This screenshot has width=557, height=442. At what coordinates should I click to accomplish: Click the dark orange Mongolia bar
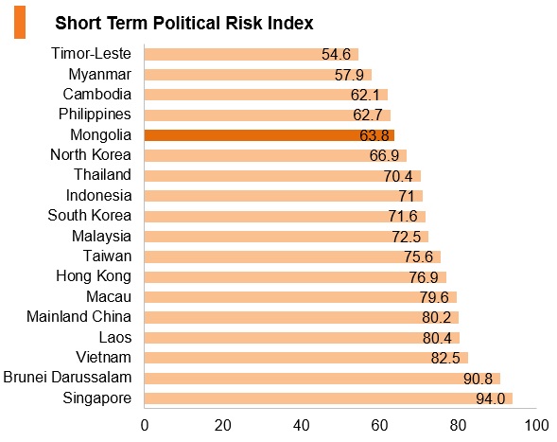coord(270,135)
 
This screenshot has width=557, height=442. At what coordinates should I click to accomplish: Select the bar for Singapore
coord(328,398)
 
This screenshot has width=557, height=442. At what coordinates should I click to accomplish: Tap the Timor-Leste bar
coord(252,54)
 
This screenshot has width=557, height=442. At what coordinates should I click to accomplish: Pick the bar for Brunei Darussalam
coord(322,379)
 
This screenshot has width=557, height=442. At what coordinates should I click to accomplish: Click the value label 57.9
coord(349,75)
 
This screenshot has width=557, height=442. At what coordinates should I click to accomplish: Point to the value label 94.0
coord(491,399)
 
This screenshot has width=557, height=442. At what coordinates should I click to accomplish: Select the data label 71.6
coord(403,216)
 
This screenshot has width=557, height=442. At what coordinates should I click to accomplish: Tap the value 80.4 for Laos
coord(437,338)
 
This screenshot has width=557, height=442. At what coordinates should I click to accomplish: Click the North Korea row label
coord(91,155)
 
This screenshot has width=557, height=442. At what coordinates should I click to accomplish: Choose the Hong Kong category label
coord(94,276)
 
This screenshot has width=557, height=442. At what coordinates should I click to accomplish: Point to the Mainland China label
coord(78,316)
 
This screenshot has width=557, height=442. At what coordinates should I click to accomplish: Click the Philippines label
coord(95,115)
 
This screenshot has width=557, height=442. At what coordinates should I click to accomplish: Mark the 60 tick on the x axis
coord(379,425)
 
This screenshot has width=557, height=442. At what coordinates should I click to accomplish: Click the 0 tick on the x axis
coord(145,425)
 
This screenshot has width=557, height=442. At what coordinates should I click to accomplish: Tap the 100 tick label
coord(536,425)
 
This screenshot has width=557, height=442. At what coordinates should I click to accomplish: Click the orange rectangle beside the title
coord(20,22)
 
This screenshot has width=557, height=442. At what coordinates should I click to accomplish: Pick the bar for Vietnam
coord(306,358)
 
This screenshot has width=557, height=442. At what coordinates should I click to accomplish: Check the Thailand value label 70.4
coord(398,176)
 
